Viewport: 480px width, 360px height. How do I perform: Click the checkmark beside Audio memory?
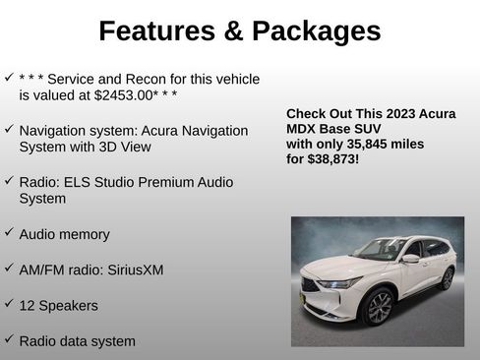tap(9, 233)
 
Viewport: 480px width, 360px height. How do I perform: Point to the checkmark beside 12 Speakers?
tap(9, 304)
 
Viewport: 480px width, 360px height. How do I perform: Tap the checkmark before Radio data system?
tap(9, 339)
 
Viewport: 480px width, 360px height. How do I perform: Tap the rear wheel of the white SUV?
tap(447, 278)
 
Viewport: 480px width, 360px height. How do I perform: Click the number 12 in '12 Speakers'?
tap(27, 305)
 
